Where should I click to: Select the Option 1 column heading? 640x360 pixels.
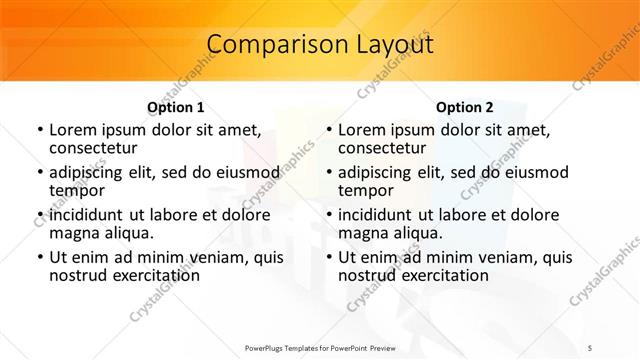click(x=176, y=107)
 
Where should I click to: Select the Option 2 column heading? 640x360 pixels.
click(x=465, y=107)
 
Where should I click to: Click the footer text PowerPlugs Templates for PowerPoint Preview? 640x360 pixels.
click(x=320, y=346)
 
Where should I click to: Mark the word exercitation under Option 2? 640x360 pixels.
click(x=441, y=275)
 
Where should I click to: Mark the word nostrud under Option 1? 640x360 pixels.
click(x=78, y=275)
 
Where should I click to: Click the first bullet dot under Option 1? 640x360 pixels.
click(x=39, y=130)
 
